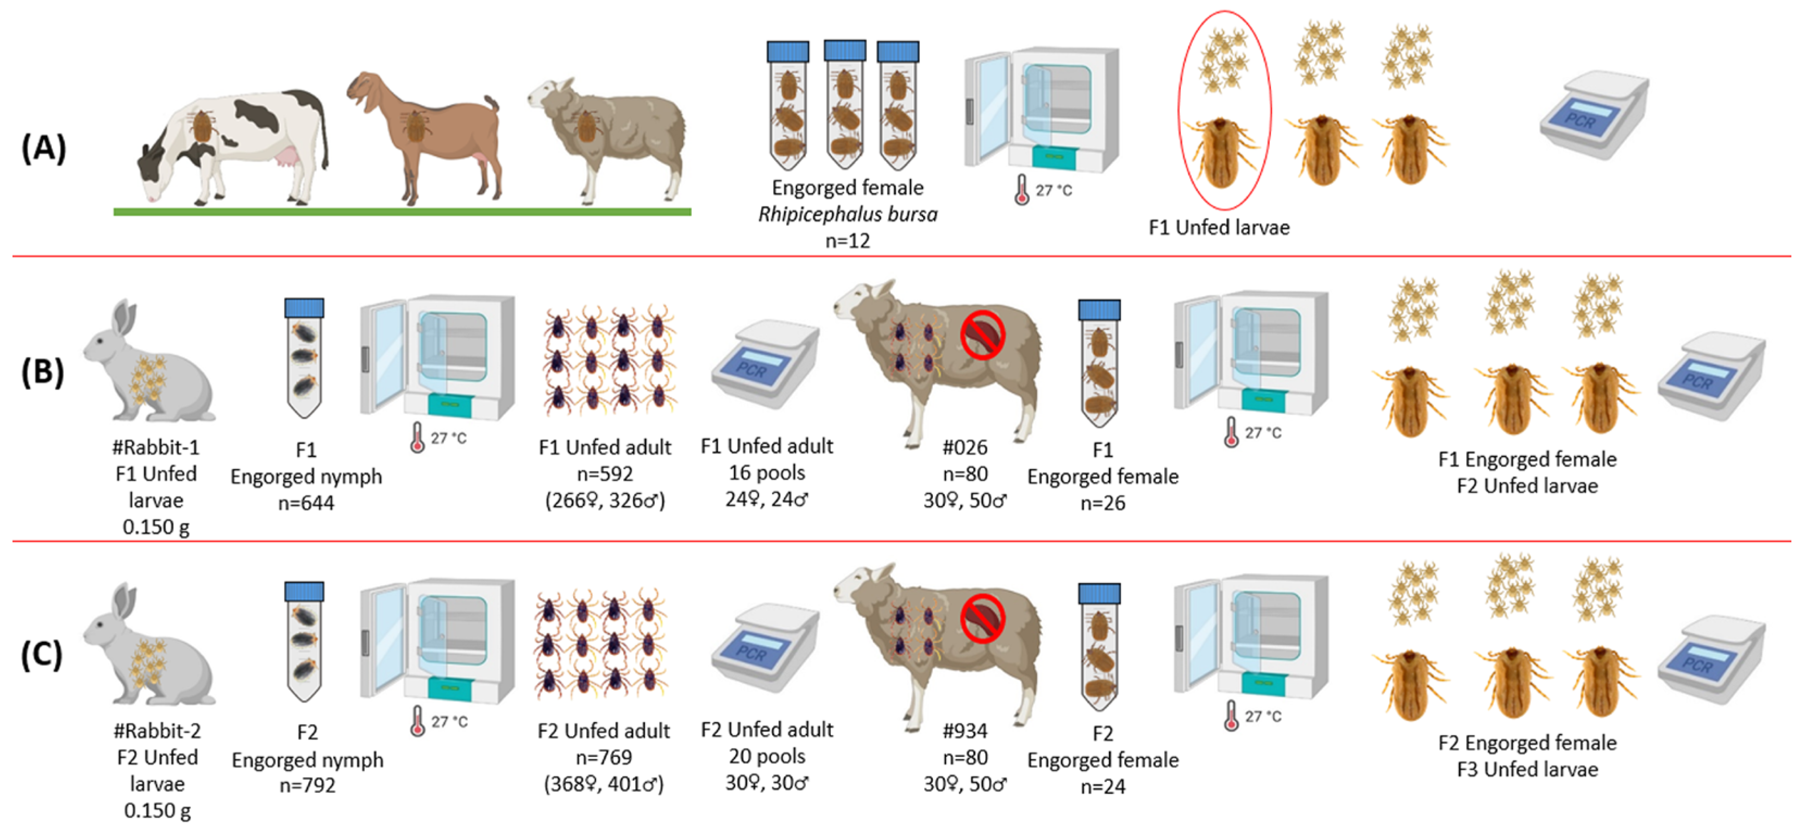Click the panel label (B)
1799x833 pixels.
(42, 371)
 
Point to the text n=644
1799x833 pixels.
(306, 503)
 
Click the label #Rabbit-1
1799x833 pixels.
(156, 447)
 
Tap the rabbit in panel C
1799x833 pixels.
(147, 646)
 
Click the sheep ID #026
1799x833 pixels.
(964, 447)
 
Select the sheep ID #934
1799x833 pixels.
(964, 730)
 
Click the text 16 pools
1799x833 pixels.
(766, 473)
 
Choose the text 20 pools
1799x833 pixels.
(766, 756)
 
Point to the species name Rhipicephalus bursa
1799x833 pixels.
(847, 214)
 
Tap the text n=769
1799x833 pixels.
(604, 757)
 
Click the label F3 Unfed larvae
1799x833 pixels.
(1527, 769)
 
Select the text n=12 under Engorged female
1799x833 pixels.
(847, 241)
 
